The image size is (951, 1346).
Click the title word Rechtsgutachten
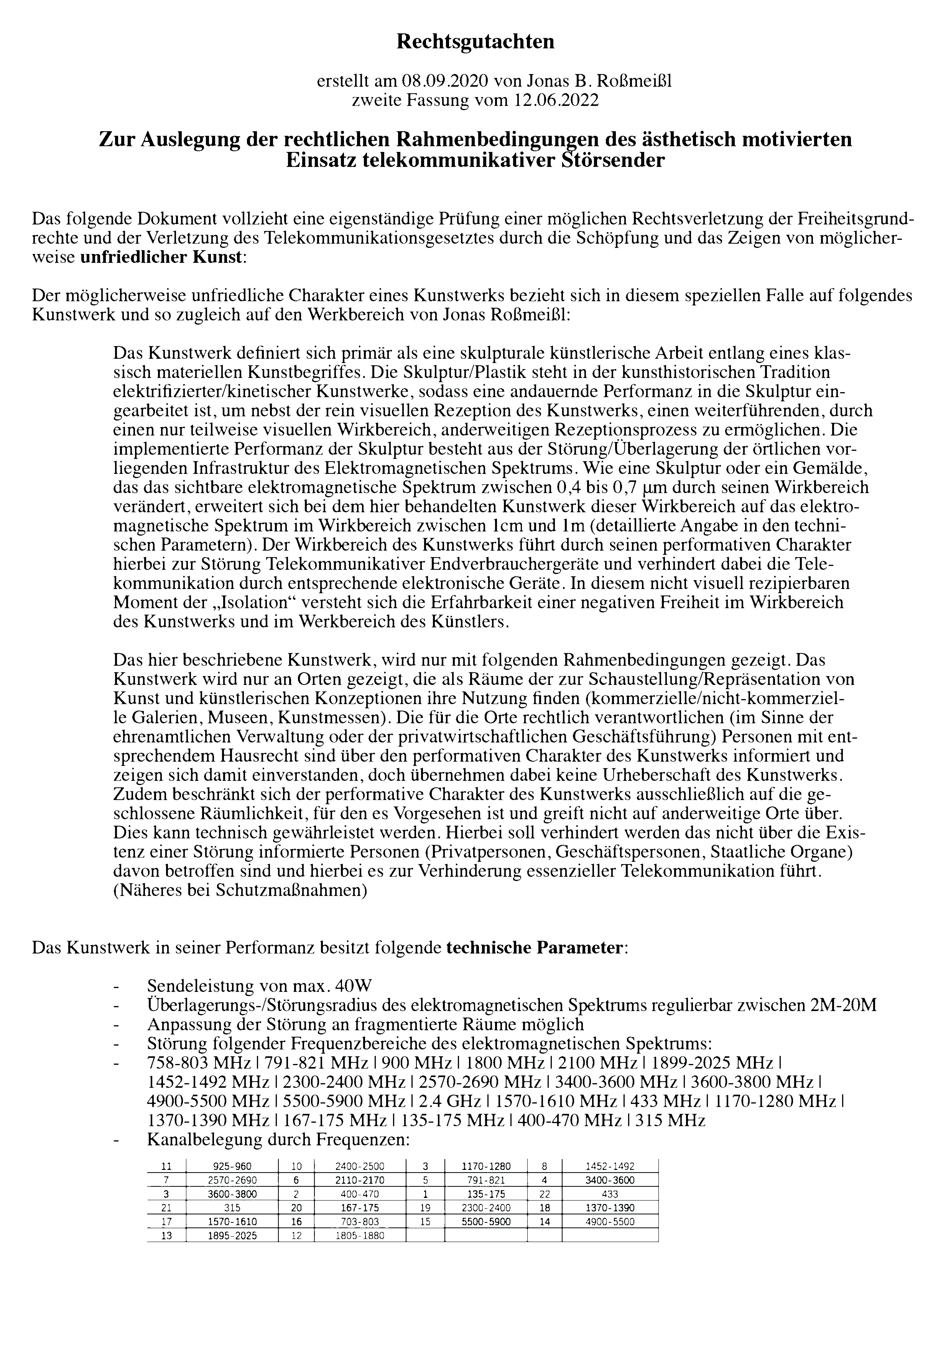(475, 42)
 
